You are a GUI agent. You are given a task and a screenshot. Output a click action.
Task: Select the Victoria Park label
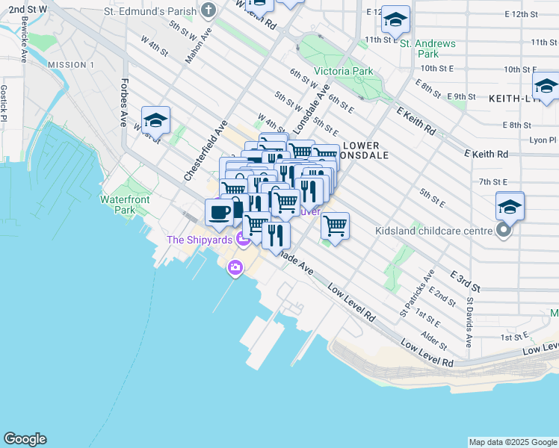(343, 72)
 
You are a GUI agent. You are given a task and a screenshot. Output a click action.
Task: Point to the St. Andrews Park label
(427, 49)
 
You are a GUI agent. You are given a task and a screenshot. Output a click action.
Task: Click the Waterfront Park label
(126, 205)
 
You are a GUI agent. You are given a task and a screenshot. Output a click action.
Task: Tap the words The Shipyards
(200, 240)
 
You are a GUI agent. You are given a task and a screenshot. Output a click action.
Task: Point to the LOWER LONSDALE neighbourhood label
(362, 151)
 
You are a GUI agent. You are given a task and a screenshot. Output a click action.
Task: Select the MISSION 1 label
(71, 65)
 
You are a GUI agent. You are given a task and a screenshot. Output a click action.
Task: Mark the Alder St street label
(433, 343)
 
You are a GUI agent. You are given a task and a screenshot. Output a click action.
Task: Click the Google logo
(25, 439)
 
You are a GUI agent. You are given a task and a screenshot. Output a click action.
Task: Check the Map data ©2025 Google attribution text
(512, 442)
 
